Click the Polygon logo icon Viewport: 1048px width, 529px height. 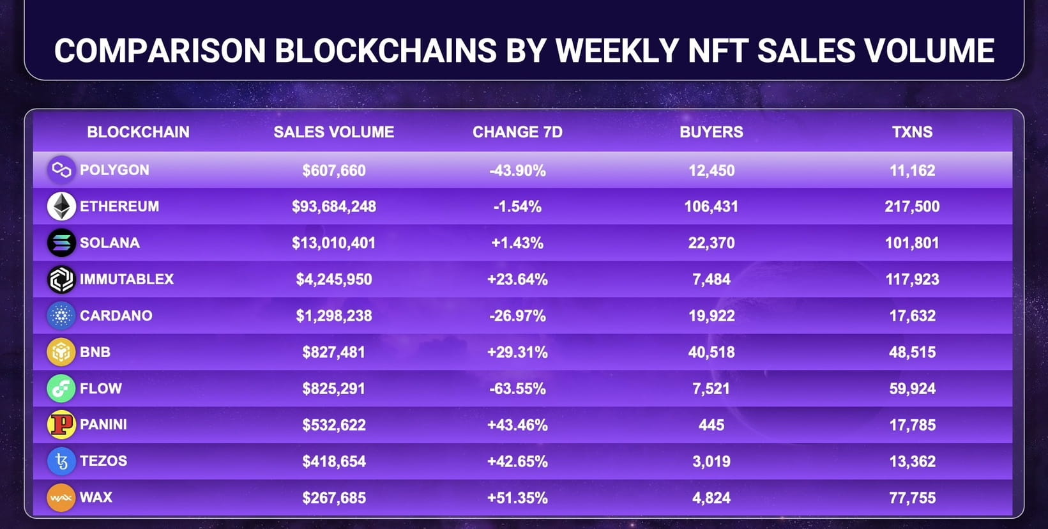click(x=61, y=170)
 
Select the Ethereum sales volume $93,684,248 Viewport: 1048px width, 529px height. click(x=333, y=206)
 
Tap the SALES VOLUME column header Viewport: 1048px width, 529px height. click(x=333, y=132)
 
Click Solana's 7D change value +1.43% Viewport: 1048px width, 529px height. click(x=517, y=243)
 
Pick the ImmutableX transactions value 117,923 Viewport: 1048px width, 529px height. click(x=912, y=279)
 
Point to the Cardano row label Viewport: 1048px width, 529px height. click(x=116, y=316)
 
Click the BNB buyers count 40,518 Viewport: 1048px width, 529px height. click(x=711, y=352)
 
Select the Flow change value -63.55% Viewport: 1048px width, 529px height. click(x=517, y=388)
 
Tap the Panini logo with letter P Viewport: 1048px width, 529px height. click(x=61, y=425)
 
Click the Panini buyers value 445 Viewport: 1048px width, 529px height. click(x=711, y=425)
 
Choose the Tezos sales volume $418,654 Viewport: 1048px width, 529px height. click(x=333, y=461)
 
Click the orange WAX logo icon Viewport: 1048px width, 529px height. click(x=61, y=498)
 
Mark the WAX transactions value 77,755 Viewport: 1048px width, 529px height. click(x=912, y=498)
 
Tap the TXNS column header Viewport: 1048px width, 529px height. click(x=912, y=132)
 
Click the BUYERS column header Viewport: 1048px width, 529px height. click(x=711, y=132)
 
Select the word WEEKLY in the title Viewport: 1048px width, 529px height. click(x=616, y=51)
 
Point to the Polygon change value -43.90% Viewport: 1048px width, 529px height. click(x=517, y=171)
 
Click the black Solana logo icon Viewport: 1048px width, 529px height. click(x=61, y=243)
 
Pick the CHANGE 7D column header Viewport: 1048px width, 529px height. click(x=517, y=132)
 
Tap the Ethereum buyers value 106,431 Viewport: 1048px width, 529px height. click(x=711, y=206)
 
